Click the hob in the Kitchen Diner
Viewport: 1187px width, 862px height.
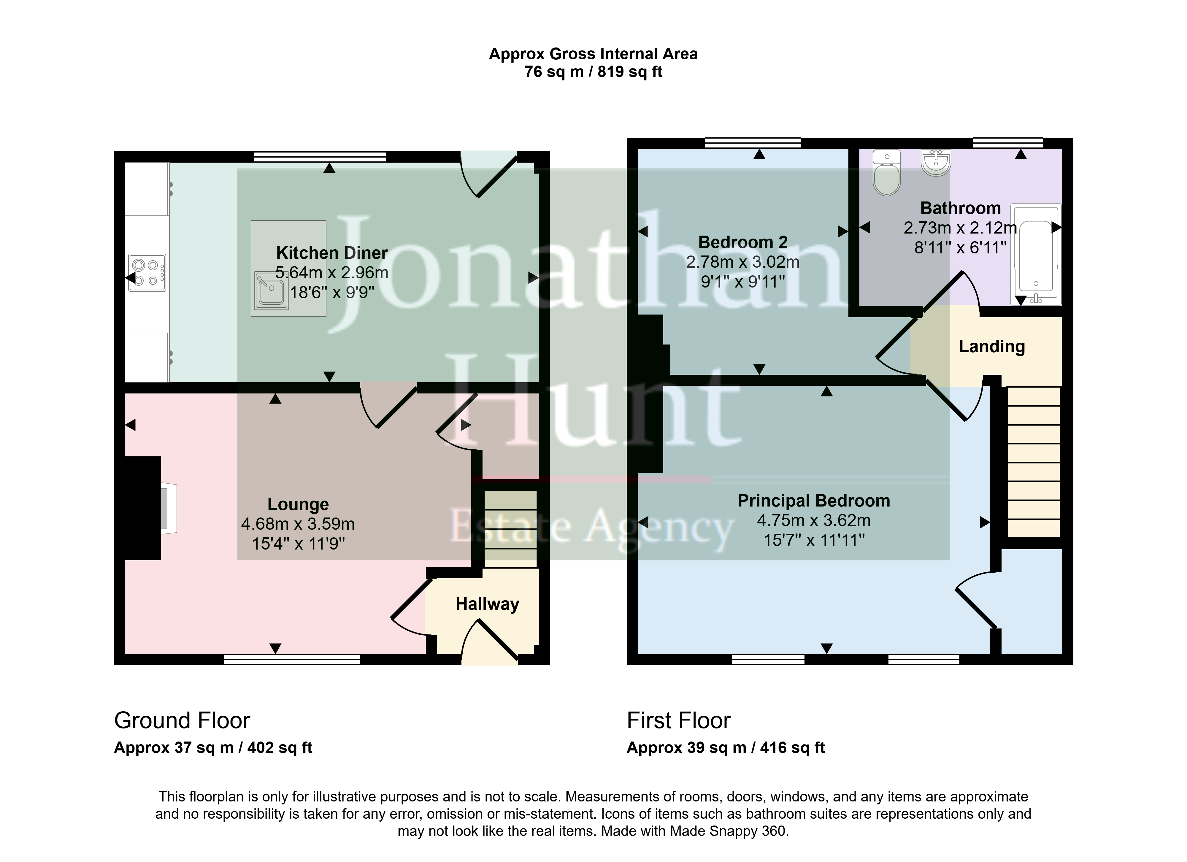point(147,273)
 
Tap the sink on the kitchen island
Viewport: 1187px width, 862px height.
point(271,290)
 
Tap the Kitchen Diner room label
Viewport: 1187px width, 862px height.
point(332,253)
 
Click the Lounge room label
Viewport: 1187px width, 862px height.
point(298,504)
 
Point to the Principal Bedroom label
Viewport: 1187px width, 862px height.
point(814,501)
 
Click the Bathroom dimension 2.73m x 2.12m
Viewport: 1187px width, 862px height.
point(960,228)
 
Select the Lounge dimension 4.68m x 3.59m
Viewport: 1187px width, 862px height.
point(298,524)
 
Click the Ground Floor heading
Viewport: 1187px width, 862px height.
point(182,721)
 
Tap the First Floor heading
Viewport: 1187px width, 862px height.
point(678,721)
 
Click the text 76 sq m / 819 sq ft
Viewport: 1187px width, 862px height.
point(593,72)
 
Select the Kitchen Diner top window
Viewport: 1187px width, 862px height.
point(320,156)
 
